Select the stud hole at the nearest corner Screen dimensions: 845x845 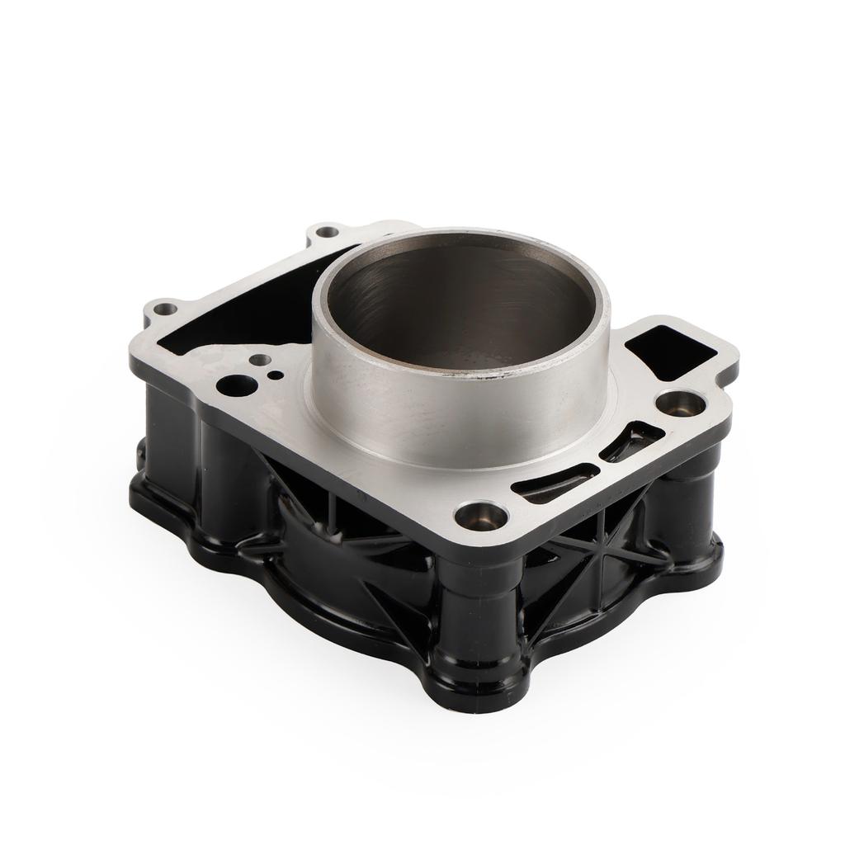482,517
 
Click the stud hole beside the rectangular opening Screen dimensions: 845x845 681,404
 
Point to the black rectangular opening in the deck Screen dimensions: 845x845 674,352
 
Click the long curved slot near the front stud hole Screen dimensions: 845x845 555,484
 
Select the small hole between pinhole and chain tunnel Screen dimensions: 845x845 259,360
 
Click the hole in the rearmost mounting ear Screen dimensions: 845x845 328,232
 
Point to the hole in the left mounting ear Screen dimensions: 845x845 166,309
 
